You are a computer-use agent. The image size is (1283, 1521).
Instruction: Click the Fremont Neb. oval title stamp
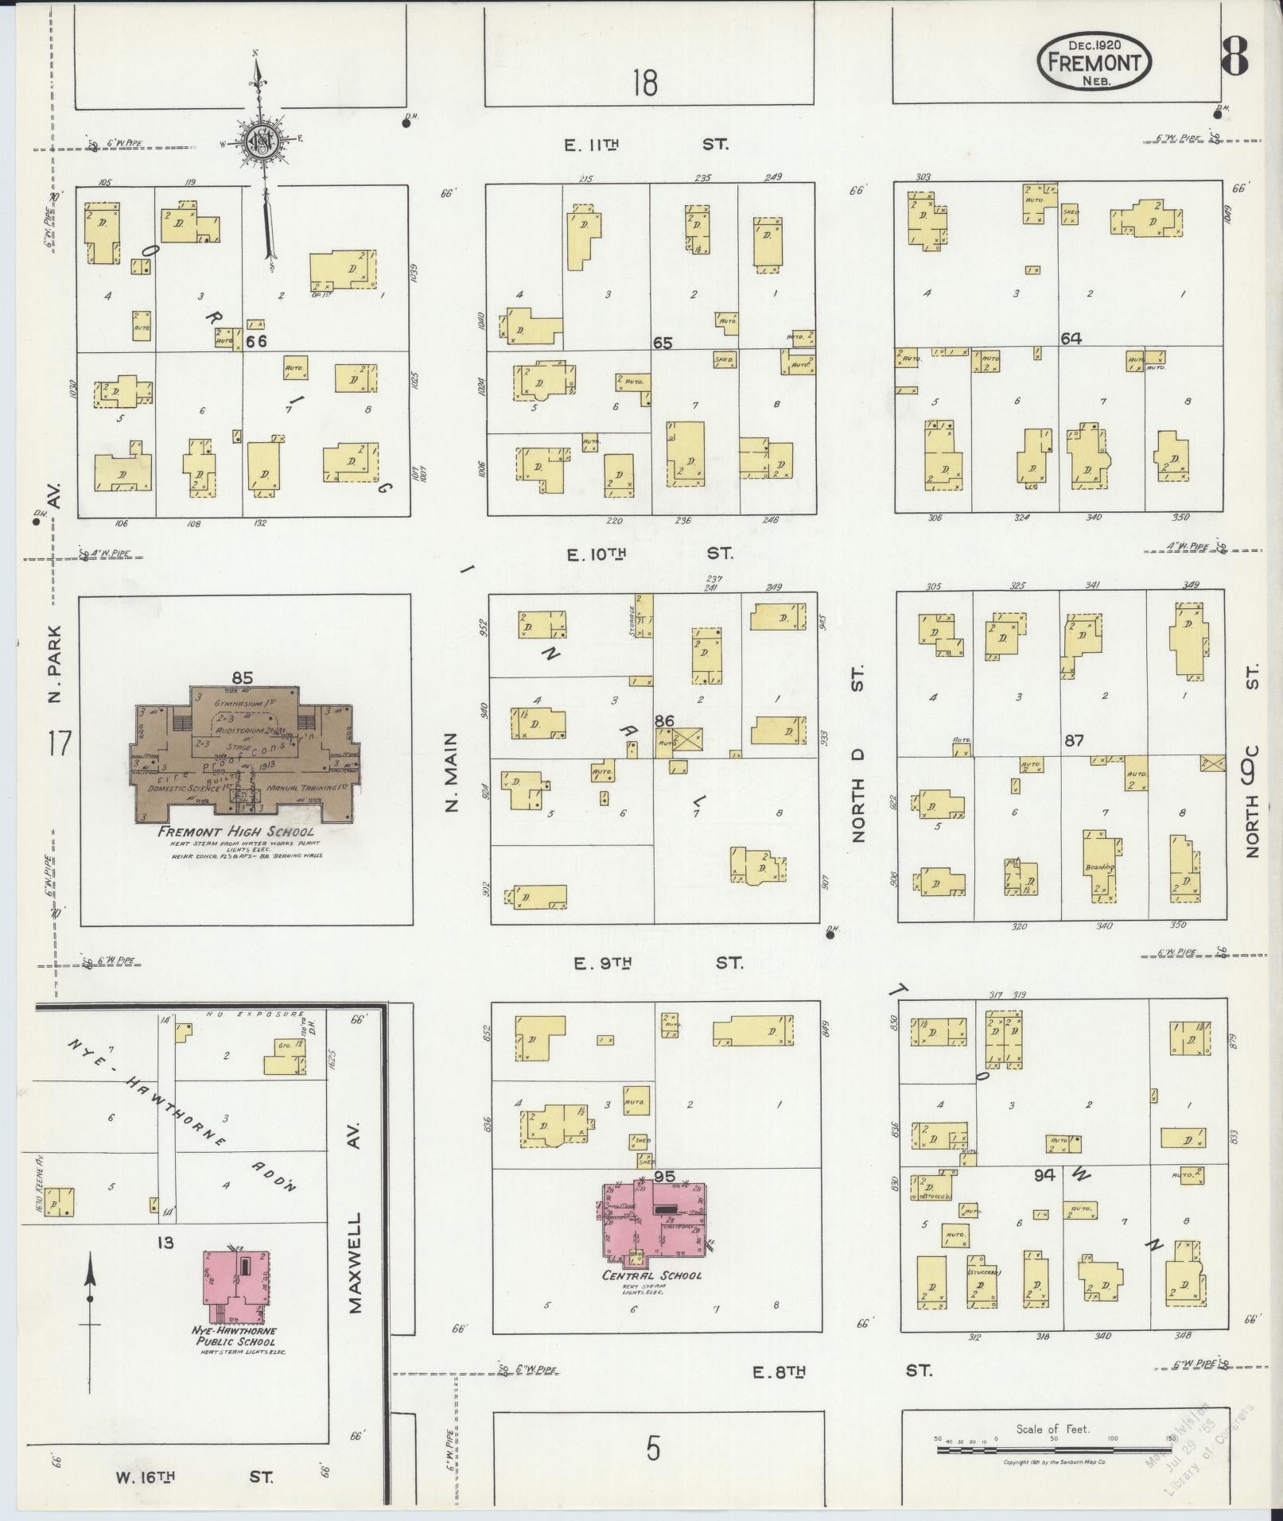[x=1094, y=61]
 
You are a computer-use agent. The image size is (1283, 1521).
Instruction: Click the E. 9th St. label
[x=659, y=963]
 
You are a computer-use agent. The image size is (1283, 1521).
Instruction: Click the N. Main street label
[x=452, y=772]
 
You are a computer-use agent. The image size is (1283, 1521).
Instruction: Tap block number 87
[x=1074, y=740]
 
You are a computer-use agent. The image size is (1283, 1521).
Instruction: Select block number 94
[x=1044, y=1174]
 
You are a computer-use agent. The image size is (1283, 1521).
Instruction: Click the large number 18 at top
[x=645, y=82]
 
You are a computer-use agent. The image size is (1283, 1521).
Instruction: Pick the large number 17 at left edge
[x=58, y=745]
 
